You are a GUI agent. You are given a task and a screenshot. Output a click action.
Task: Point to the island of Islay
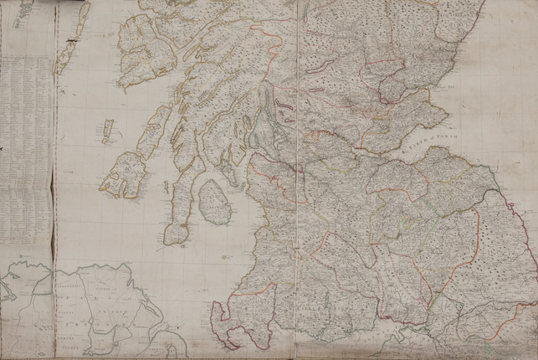(123, 174)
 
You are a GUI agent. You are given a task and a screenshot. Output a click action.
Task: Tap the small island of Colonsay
(107, 131)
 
